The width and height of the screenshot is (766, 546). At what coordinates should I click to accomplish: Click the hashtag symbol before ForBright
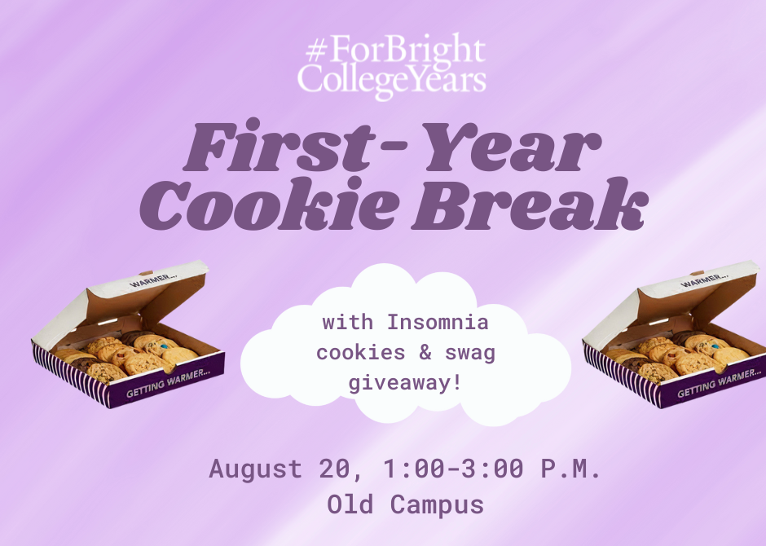[316, 51]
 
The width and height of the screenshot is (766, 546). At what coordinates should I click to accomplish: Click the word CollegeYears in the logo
[392, 81]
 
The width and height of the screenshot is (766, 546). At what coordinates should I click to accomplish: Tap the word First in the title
[280, 146]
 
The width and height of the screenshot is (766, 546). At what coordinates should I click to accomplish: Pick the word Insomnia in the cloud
[438, 323]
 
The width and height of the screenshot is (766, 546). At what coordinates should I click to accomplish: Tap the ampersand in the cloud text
[425, 352]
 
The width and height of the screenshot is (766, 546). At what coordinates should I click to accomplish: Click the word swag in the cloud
[470, 354]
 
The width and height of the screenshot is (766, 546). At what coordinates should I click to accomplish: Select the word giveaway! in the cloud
[405, 383]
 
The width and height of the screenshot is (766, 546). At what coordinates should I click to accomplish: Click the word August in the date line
[256, 469]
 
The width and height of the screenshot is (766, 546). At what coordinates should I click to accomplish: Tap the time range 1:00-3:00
[454, 469]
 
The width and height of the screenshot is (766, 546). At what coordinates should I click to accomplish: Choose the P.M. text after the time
[570, 469]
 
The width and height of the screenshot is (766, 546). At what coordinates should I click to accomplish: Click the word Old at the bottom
[350, 504]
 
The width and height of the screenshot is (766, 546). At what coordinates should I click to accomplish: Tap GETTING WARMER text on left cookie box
[168, 382]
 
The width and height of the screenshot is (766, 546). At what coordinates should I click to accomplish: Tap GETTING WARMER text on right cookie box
[719, 384]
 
